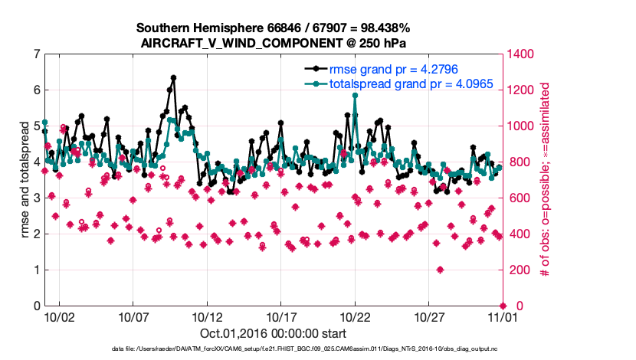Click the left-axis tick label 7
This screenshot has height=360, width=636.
36,54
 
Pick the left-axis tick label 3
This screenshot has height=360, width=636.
36,198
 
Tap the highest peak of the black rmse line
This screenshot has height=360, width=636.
174,77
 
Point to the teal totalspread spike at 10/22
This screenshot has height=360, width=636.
355,95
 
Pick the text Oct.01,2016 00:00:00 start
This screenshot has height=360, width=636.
273,334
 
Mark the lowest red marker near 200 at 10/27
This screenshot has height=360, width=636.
440,270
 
